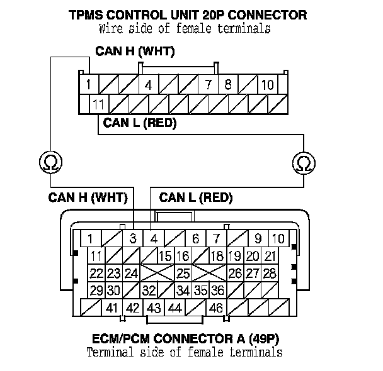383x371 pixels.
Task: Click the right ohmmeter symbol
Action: [x=304, y=163]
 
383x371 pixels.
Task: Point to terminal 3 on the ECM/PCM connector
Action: [x=133, y=239]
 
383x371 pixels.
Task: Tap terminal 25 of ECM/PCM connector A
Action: [x=183, y=274]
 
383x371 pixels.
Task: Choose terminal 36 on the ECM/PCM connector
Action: [x=217, y=291]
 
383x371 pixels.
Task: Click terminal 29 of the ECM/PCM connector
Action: [x=96, y=291]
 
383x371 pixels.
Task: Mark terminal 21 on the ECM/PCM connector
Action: [x=270, y=256]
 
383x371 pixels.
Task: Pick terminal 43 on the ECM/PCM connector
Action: [x=154, y=308]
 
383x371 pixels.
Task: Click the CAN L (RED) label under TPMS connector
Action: [x=140, y=123]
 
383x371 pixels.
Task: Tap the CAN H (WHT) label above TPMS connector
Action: [x=135, y=51]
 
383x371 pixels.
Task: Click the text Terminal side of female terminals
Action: [x=184, y=352]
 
